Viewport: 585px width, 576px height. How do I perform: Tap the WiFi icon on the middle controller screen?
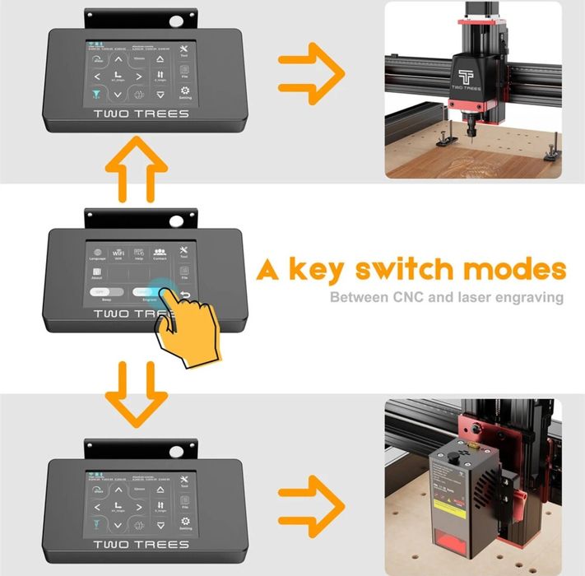click(x=119, y=253)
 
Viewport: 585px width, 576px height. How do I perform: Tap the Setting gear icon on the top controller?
click(x=184, y=93)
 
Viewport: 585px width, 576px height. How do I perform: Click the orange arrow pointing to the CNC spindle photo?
click(x=310, y=77)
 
